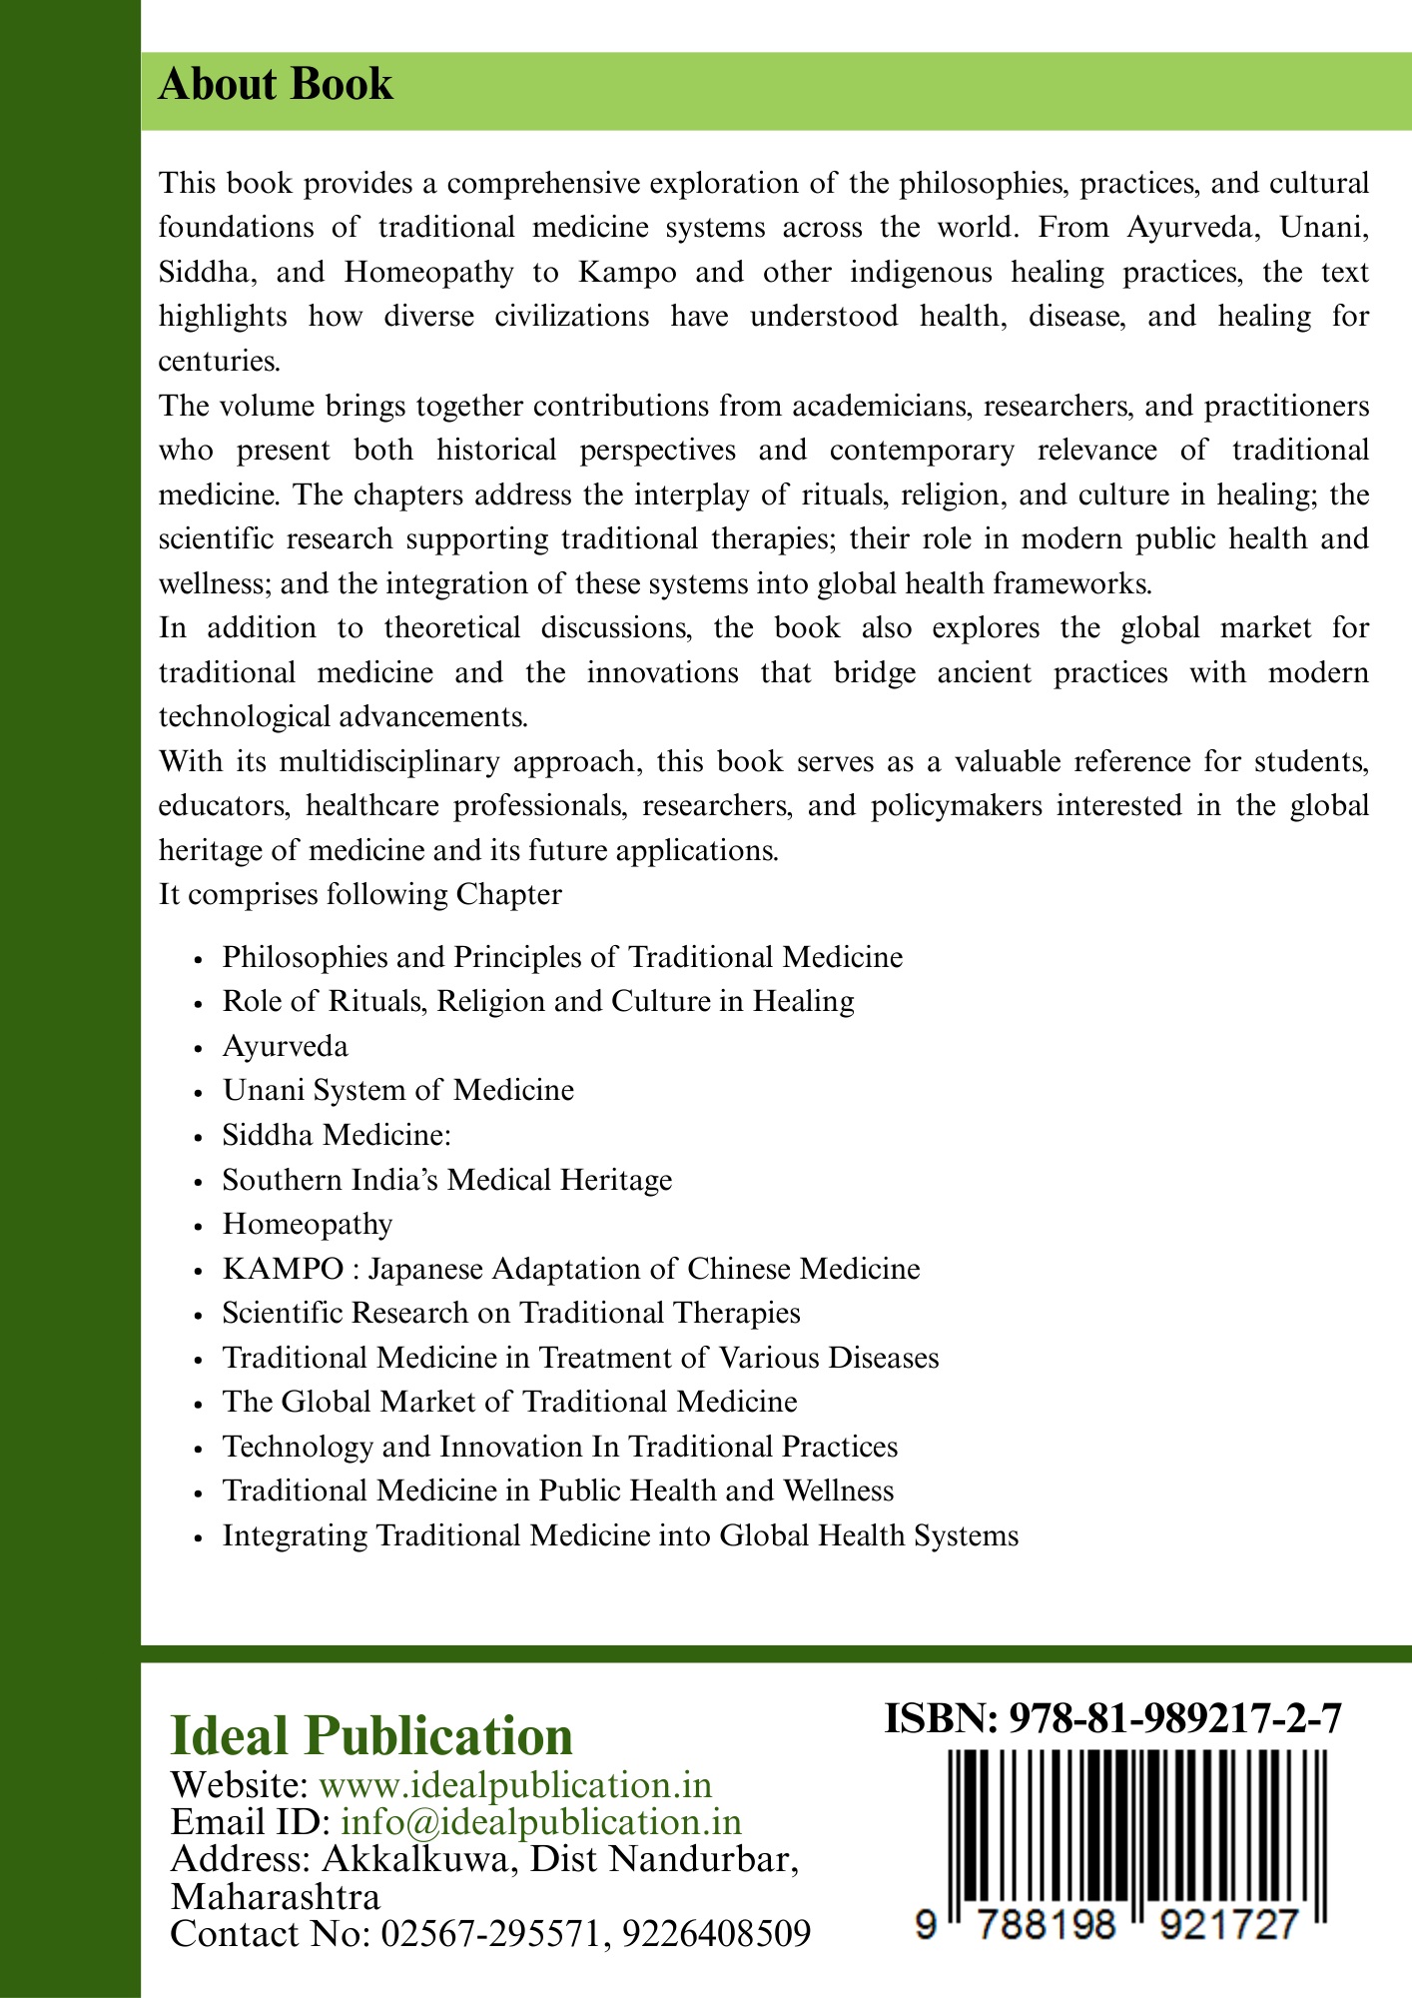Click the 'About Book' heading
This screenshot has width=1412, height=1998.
(x=276, y=85)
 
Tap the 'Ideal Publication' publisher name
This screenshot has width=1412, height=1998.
(x=371, y=1736)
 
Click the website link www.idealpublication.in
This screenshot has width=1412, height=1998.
(x=514, y=1785)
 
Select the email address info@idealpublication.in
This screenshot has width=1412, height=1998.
(x=541, y=1822)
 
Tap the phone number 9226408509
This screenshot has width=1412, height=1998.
(x=716, y=1934)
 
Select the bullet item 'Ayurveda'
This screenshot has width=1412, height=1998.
(x=285, y=1046)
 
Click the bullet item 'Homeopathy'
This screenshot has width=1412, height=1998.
(x=307, y=1224)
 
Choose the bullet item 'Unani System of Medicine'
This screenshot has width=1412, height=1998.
(x=397, y=1090)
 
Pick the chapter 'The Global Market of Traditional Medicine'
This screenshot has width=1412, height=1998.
(x=509, y=1402)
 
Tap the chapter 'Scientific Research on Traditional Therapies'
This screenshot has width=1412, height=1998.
(x=510, y=1313)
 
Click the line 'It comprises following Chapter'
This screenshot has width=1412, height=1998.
(x=359, y=894)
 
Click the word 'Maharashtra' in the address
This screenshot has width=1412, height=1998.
(x=276, y=1897)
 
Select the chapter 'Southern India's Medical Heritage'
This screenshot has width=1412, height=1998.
(x=446, y=1180)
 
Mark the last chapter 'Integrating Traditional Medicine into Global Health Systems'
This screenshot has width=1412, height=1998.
(x=620, y=1535)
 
